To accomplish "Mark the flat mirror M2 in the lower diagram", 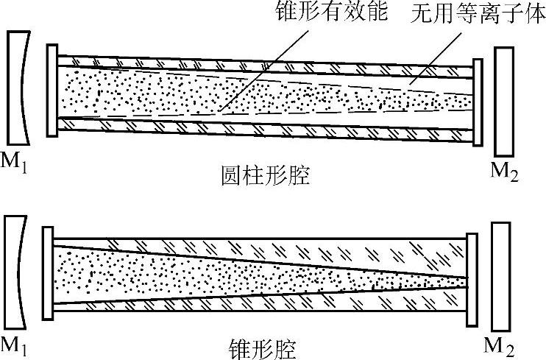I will click(500, 272).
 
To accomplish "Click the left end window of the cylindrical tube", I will click(52, 91).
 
